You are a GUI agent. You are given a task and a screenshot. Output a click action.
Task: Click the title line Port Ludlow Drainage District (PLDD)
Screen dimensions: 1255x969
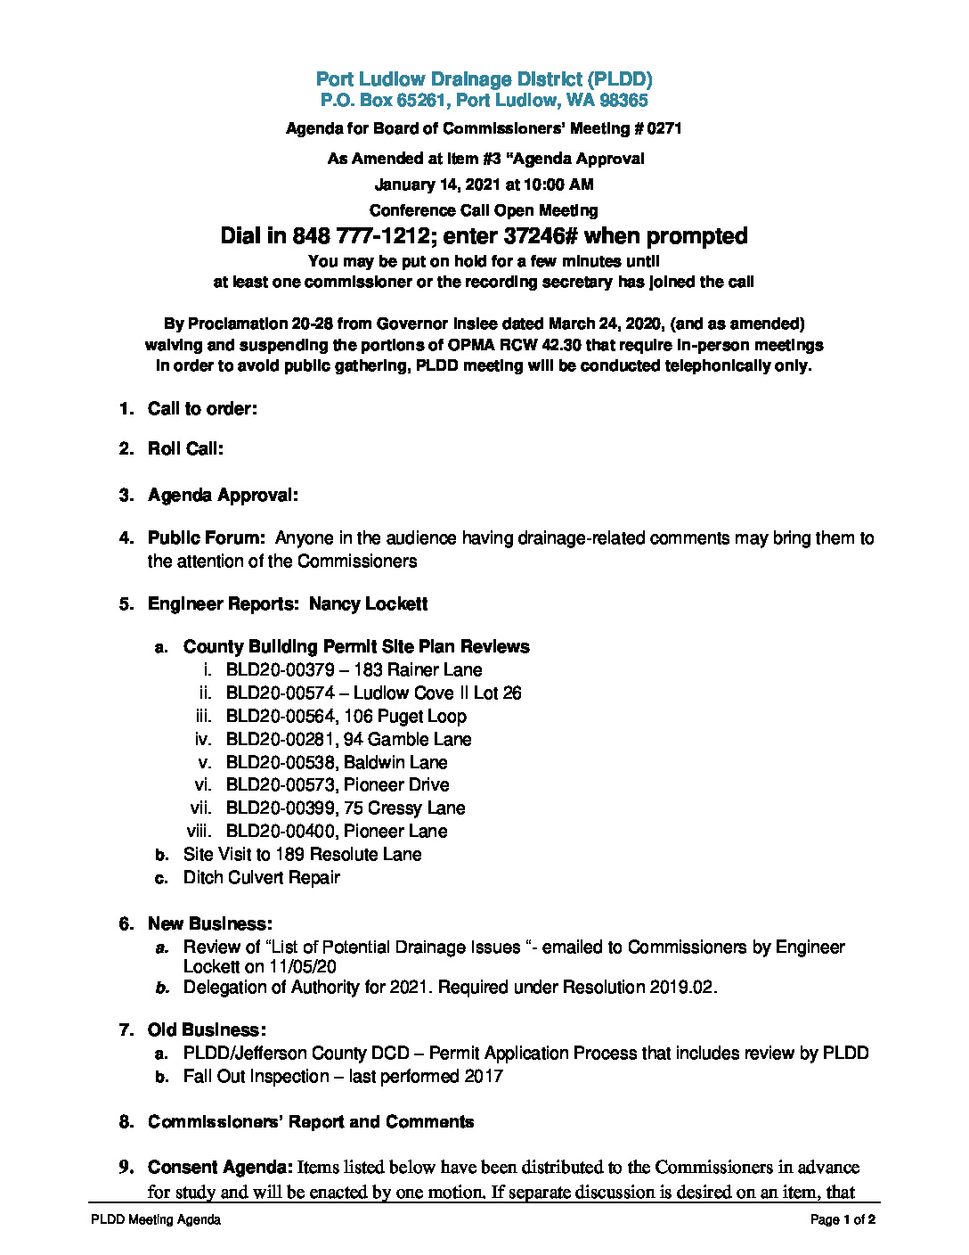coord(484,79)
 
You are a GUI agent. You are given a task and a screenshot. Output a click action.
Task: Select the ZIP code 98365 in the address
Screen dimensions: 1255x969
coord(624,101)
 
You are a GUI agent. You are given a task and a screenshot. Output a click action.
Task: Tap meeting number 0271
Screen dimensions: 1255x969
coord(664,128)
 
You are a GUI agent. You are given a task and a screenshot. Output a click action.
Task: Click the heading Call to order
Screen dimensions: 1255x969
coord(202,409)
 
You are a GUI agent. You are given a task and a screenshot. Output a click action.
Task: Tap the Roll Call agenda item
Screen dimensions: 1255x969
coord(185,448)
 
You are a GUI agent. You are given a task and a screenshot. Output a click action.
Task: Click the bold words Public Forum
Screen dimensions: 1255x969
coord(206,538)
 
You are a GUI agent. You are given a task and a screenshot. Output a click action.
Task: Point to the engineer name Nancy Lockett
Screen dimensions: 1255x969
coord(368,604)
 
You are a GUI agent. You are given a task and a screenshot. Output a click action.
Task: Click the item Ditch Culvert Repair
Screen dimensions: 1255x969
coord(262,878)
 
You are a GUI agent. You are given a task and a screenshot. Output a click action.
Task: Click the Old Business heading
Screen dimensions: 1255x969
coord(207,1030)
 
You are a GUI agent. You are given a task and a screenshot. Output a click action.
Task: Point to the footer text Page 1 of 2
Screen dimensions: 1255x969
coord(843,1219)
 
